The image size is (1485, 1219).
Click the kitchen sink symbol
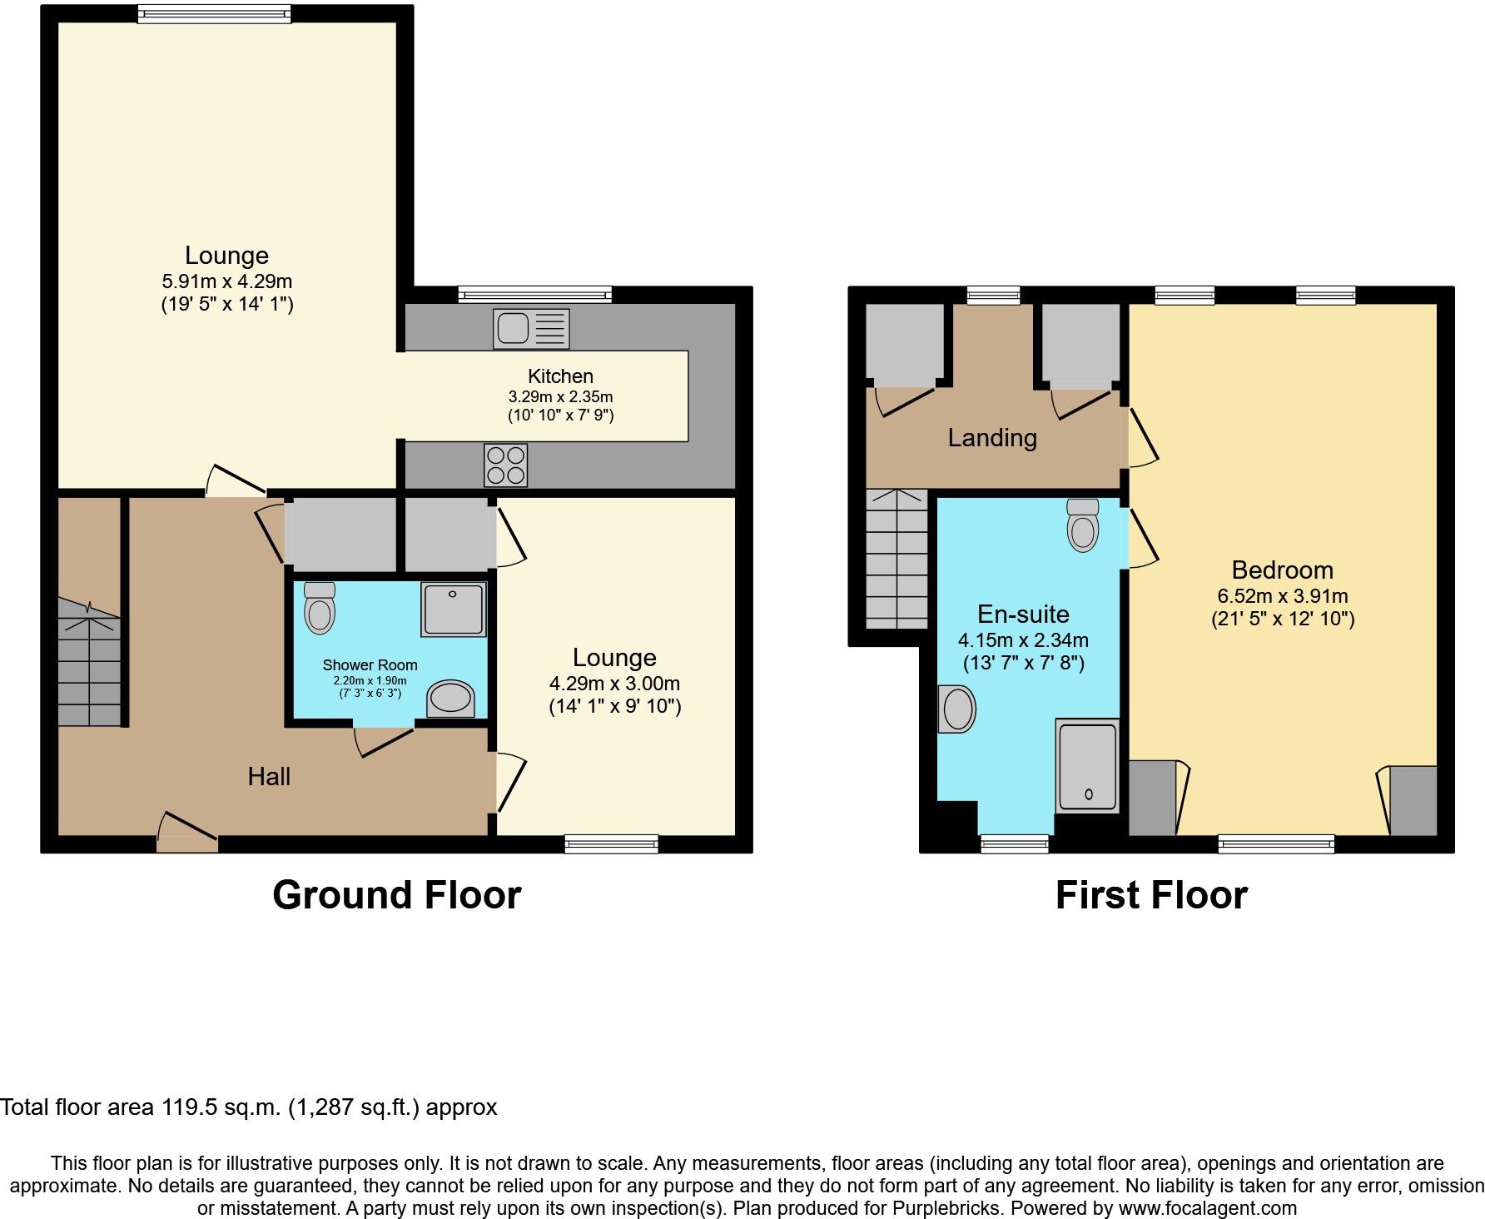[x=531, y=328]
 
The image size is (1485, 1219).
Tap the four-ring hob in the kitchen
[x=505, y=465]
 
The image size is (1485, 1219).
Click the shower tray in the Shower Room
[x=454, y=609]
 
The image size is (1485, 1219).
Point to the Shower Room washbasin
[x=450, y=698]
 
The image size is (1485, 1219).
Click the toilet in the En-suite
[x=1083, y=525]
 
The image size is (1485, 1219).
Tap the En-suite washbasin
[x=957, y=709]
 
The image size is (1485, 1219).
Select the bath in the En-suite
[x=1086, y=765]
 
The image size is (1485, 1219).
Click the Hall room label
[x=269, y=777]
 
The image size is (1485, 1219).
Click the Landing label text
[x=992, y=438]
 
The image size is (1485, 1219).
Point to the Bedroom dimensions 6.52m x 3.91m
[x=1282, y=596]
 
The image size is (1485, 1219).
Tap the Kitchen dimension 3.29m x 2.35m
[x=560, y=396]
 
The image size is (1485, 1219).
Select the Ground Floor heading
[x=396, y=895]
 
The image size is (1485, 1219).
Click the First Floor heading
[x=1151, y=895]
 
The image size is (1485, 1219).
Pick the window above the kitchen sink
[x=534, y=294]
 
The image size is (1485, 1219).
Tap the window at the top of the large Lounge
[x=214, y=12]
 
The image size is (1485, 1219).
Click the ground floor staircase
[x=89, y=666]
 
